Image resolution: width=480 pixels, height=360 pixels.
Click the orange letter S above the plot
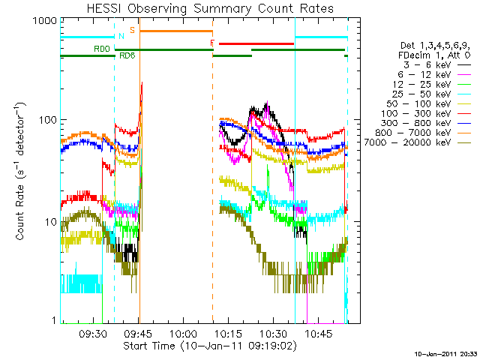point(133,30)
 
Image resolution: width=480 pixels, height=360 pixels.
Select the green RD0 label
point(101,49)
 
